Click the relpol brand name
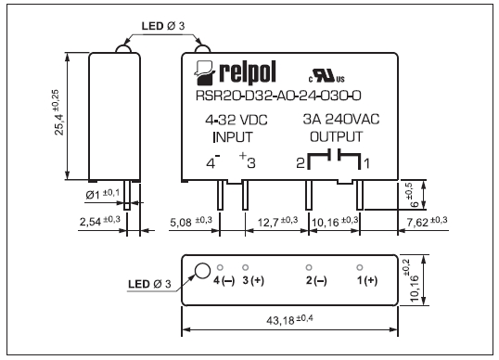pos(248,73)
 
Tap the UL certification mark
pos(326,76)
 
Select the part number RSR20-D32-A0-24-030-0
pos(278,96)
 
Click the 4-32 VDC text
pos(237,120)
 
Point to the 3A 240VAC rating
pos(340,119)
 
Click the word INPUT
pos(233,137)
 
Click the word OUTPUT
pos(336,136)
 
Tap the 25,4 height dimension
pos(58,112)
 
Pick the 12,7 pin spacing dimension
pos(277,221)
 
